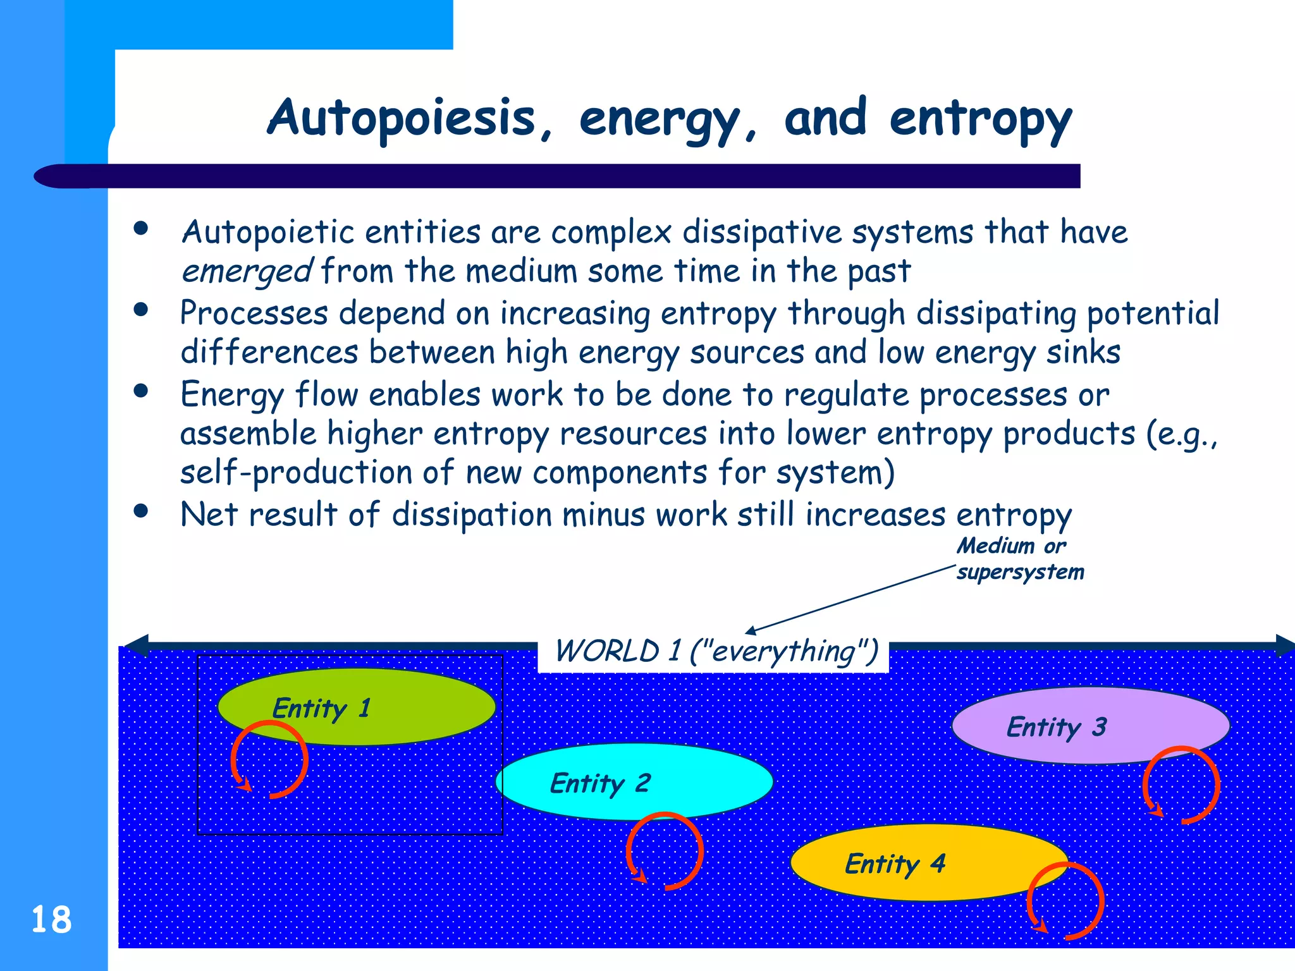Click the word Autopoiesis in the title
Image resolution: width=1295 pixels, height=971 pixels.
401,118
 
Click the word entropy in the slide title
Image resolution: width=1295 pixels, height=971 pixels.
980,120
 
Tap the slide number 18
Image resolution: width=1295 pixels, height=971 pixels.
51,920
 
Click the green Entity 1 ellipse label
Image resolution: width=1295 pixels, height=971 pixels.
321,708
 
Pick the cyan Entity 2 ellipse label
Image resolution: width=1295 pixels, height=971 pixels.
599,783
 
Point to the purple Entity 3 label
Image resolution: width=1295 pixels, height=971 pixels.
1056,727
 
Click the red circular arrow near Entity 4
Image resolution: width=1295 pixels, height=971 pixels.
1065,901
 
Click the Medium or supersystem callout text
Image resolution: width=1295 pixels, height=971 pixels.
1019,559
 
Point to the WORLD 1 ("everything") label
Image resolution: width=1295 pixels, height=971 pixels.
716,651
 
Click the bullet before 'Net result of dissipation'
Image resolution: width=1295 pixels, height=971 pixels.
141,511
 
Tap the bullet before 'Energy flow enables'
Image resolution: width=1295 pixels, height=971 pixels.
141,391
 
